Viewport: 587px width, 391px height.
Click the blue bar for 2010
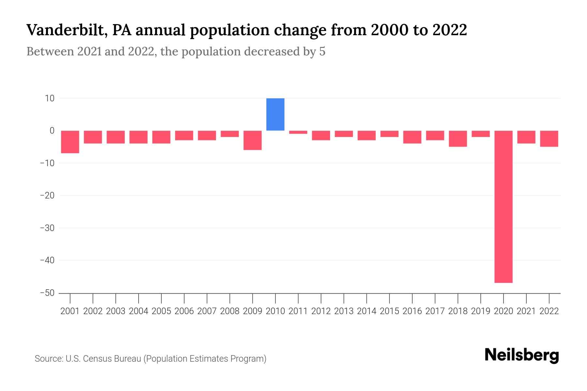275,114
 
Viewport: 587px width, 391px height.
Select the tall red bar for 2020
503,207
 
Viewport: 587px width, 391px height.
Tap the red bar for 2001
70,142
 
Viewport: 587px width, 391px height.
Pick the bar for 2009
252,140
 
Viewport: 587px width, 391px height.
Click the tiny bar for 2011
298,132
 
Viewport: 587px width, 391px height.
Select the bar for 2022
549,138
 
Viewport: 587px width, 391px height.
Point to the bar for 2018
458,138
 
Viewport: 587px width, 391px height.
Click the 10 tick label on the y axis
50,98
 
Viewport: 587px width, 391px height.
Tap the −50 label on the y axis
47,293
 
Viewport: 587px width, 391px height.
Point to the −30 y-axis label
47,228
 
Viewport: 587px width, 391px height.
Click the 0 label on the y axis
52,131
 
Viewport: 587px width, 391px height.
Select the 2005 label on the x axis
161,311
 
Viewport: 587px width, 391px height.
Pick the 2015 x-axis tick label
389,311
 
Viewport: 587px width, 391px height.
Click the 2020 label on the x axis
503,311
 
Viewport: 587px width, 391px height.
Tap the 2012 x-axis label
321,311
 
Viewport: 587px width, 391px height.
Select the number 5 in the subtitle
322,51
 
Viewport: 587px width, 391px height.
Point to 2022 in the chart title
450,30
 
